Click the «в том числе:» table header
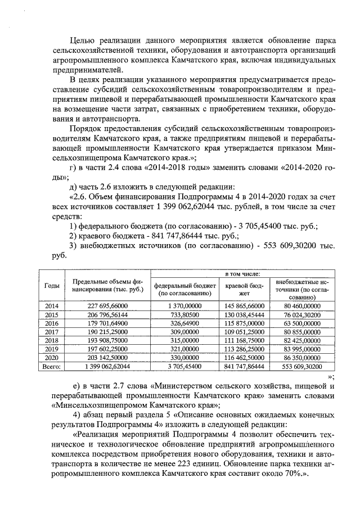(x=242, y=273)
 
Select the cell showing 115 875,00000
(x=242, y=323)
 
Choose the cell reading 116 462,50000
(x=242, y=358)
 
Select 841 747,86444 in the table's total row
(x=242, y=367)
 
